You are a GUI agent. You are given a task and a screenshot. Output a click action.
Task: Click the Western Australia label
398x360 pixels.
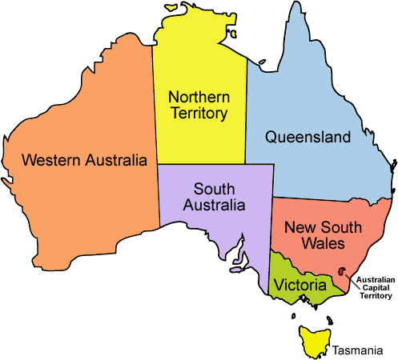[x=85, y=159]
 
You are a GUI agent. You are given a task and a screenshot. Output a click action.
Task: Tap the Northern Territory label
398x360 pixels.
[x=198, y=105]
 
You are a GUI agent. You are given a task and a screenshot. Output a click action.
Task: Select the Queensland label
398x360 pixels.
[x=308, y=137]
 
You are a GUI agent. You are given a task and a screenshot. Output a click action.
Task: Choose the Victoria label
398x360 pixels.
[x=300, y=285]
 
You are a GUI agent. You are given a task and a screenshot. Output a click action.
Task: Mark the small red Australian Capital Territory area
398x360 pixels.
[x=344, y=272]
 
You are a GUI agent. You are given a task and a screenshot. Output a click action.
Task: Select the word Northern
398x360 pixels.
[x=198, y=96]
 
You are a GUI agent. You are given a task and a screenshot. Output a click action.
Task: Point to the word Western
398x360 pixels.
[x=49, y=159]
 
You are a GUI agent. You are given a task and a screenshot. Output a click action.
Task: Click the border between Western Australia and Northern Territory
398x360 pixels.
[x=153, y=96]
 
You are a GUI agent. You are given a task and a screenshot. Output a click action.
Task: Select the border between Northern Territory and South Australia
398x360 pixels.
[x=200, y=164]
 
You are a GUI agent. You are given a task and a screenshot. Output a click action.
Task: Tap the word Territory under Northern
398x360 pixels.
[x=198, y=114]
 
